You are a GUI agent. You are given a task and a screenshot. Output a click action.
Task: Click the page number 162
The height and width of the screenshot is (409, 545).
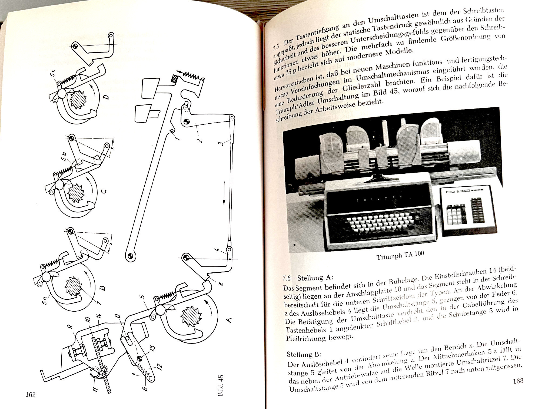[31, 395]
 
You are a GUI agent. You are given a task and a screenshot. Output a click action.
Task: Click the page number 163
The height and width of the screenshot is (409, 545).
[518, 381]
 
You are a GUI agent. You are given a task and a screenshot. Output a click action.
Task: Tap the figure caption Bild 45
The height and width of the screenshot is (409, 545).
[221, 385]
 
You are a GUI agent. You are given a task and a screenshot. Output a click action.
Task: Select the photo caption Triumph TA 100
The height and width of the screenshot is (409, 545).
[400, 255]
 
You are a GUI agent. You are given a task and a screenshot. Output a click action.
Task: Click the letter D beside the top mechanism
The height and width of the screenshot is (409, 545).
[107, 97]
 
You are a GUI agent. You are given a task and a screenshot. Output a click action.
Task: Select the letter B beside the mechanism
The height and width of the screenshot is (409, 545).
[103, 288]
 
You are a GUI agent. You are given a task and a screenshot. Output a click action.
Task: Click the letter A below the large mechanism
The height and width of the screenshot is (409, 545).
[229, 320]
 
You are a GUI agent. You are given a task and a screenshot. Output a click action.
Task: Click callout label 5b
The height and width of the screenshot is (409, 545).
[64, 157]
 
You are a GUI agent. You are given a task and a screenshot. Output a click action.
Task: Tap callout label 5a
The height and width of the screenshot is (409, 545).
[45, 300]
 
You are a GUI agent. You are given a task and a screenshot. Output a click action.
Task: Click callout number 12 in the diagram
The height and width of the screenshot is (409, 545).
[159, 367]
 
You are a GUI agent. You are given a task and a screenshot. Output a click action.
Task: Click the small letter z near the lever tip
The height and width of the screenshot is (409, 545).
[221, 283]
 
